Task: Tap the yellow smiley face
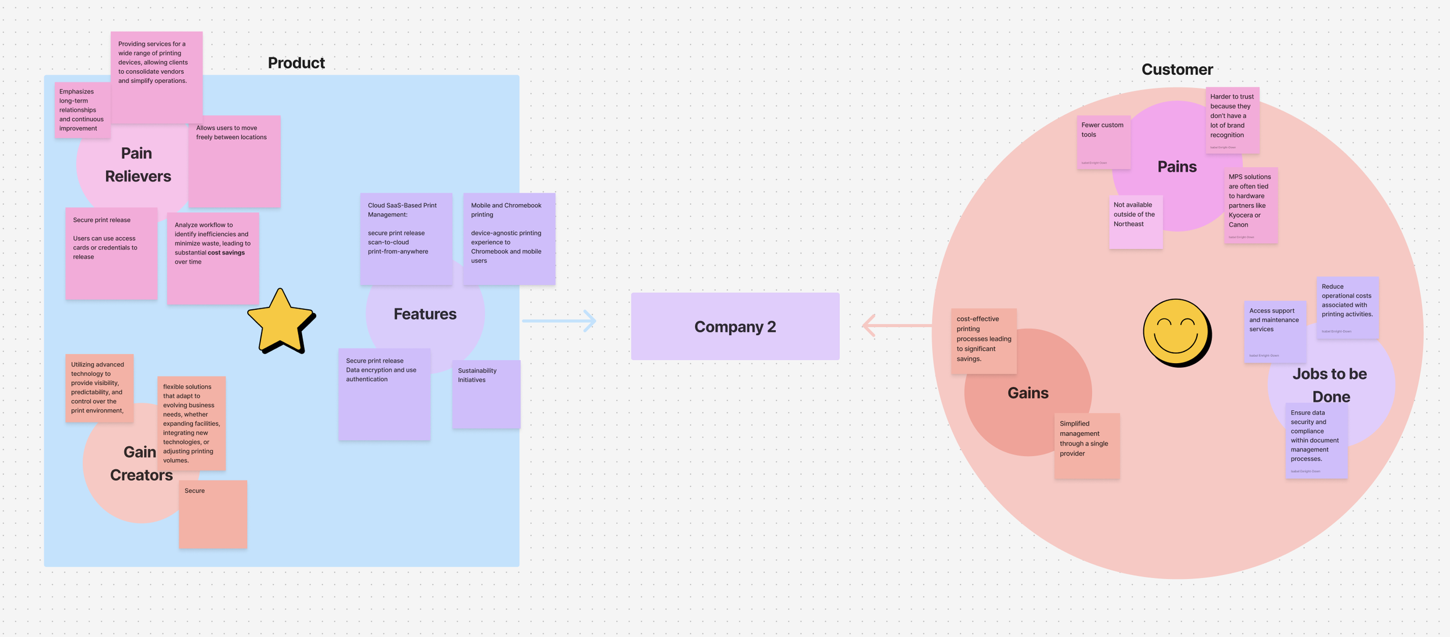pyautogui.click(x=1176, y=332)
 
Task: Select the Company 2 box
pyautogui.click(x=735, y=326)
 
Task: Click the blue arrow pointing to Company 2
pyautogui.click(x=559, y=320)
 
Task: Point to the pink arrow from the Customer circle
pyautogui.click(x=896, y=325)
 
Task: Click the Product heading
pyautogui.click(x=296, y=63)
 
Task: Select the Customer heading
pyautogui.click(x=1177, y=70)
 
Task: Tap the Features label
pyautogui.click(x=425, y=314)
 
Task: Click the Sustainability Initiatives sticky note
pyautogui.click(x=486, y=394)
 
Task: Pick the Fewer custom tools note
pyautogui.click(x=1104, y=142)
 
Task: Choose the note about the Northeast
pyautogui.click(x=1136, y=222)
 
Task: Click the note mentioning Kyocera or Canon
pyautogui.click(x=1250, y=205)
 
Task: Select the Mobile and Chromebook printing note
pyautogui.click(x=509, y=238)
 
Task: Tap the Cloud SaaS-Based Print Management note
pyautogui.click(x=405, y=238)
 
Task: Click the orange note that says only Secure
pyautogui.click(x=213, y=514)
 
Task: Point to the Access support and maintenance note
pyautogui.click(x=1275, y=331)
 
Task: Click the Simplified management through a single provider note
pyautogui.click(x=1086, y=446)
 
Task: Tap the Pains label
pyautogui.click(x=1177, y=167)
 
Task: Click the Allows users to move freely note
pyautogui.click(x=234, y=161)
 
